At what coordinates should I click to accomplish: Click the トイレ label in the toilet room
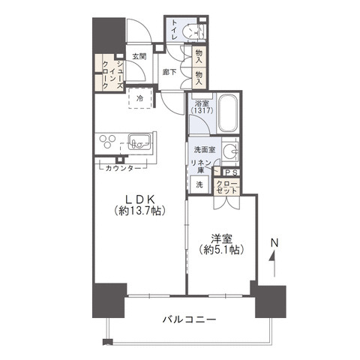tap(174, 29)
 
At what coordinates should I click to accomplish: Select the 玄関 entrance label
tap(139, 56)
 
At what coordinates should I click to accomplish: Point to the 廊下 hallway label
tap(169, 73)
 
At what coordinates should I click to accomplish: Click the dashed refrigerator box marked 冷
tap(140, 98)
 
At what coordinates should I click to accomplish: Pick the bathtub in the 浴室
tap(228, 114)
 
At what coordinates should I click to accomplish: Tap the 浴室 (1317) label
tap(202, 107)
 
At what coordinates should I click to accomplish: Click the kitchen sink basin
tap(139, 142)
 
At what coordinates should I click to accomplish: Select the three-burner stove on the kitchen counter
tap(107, 141)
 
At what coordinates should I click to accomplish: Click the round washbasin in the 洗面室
tap(229, 151)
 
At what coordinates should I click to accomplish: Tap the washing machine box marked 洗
tap(199, 184)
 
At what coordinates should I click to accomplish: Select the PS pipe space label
tap(231, 172)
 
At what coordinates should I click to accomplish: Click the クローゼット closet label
tap(226, 187)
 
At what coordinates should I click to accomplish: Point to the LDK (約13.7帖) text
tap(139, 205)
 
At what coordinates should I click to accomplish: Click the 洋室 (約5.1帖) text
tap(221, 244)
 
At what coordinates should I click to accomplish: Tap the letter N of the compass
tap(274, 243)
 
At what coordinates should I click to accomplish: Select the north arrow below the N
tap(274, 263)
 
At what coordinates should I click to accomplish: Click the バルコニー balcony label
tap(189, 319)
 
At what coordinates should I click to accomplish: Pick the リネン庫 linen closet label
tap(201, 166)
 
